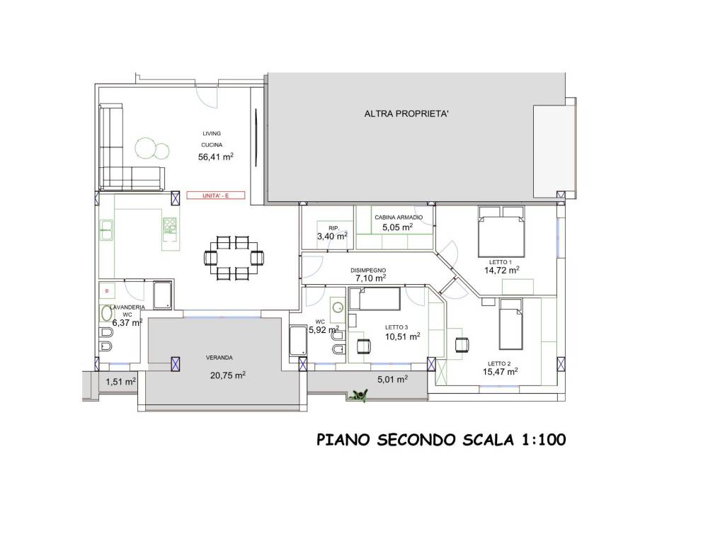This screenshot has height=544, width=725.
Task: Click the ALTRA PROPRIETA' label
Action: click(x=406, y=114)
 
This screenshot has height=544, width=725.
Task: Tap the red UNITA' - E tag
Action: click(x=215, y=195)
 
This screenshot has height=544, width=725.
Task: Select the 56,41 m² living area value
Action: click(x=216, y=157)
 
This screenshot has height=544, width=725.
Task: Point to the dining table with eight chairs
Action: click(x=234, y=258)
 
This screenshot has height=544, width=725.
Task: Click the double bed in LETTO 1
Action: click(x=501, y=232)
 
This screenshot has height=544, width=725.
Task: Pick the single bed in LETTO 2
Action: click(x=511, y=324)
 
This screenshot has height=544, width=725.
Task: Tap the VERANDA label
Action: click(x=219, y=358)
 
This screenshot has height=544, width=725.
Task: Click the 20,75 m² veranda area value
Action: click(x=227, y=375)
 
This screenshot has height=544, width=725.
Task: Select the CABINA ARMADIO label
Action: click(x=399, y=217)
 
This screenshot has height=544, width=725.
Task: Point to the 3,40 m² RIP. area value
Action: click(x=332, y=237)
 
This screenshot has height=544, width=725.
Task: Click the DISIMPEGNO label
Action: click(x=368, y=271)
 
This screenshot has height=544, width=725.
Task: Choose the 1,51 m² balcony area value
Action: click(x=120, y=382)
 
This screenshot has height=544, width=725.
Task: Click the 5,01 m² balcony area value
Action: click(x=392, y=380)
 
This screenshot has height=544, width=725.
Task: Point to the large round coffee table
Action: click(x=146, y=149)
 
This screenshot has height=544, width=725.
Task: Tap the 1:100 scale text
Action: click(x=544, y=439)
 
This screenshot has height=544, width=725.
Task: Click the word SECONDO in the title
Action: click(x=416, y=439)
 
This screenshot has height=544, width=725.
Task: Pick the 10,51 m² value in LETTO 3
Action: click(x=402, y=336)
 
